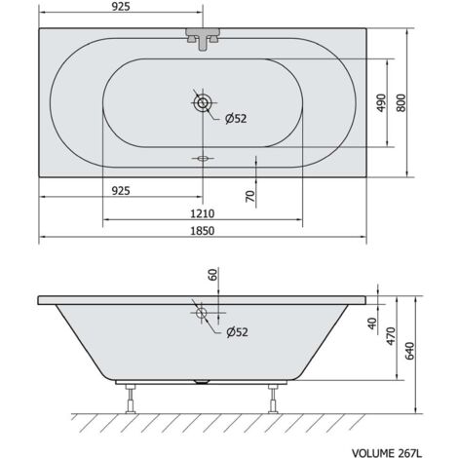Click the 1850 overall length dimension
[x=202, y=231]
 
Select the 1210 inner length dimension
[x=202, y=213]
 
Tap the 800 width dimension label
[x=401, y=103]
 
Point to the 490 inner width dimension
[x=382, y=103]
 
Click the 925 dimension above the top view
[x=121, y=7]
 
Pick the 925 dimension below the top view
[x=121, y=191]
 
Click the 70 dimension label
[x=250, y=196]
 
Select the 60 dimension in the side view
[x=212, y=275]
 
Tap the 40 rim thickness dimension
[x=372, y=324]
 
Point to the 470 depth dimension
[x=392, y=336]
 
